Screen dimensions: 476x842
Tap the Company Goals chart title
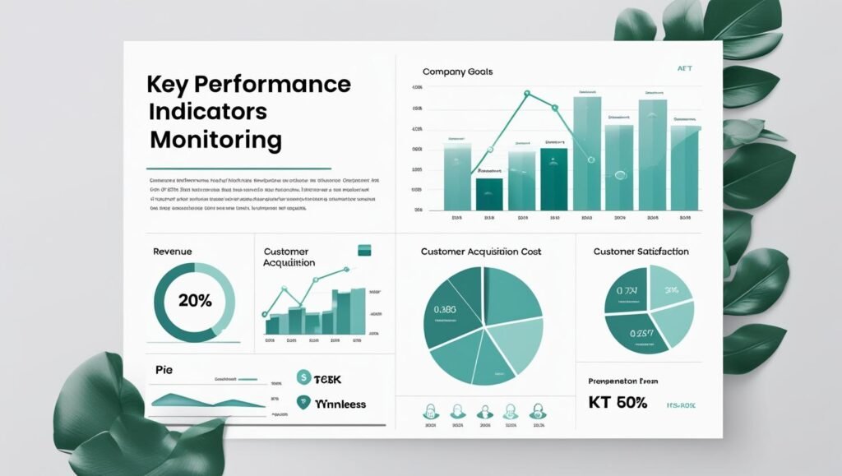click(457, 72)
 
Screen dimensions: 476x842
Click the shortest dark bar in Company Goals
click(489, 193)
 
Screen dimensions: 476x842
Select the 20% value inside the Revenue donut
click(195, 300)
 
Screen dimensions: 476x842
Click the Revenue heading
click(173, 251)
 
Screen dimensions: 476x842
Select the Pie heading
click(164, 370)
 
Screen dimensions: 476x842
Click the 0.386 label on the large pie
click(444, 310)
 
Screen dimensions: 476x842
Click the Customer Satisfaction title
click(641, 251)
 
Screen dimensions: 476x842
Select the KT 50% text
click(618, 403)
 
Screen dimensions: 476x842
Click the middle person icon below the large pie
click(485, 410)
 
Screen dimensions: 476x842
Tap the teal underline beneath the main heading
click(240, 168)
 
